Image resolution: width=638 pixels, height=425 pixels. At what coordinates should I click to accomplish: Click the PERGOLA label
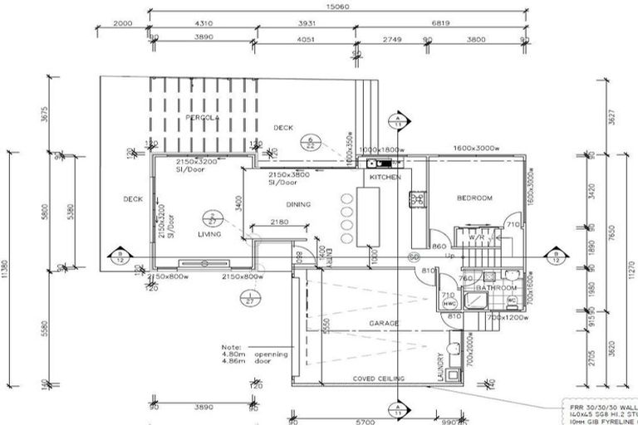pos(202,118)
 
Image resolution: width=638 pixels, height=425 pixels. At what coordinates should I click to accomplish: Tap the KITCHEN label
pos(384,178)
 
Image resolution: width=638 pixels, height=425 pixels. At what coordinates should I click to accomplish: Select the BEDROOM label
pos(474,198)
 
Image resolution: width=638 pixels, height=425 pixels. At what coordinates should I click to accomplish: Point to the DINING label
pos(298,204)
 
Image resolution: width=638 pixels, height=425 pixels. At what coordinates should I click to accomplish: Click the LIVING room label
pos(209,235)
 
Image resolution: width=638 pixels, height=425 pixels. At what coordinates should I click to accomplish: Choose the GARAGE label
pos(384,323)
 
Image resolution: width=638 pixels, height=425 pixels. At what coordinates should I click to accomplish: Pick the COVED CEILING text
pos(379,379)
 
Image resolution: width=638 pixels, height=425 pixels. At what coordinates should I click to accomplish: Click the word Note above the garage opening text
pos(231,347)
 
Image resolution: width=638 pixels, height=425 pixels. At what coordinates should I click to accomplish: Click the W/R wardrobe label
pos(475,237)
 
